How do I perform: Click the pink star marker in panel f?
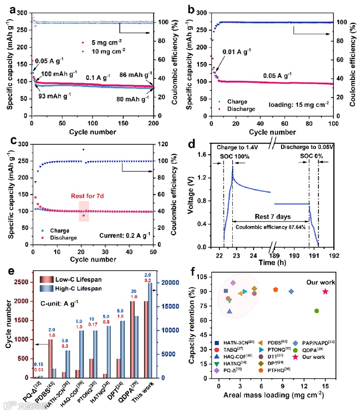[325, 291]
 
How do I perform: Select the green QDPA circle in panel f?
[316, 311]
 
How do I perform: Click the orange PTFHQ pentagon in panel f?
[275, 290]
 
